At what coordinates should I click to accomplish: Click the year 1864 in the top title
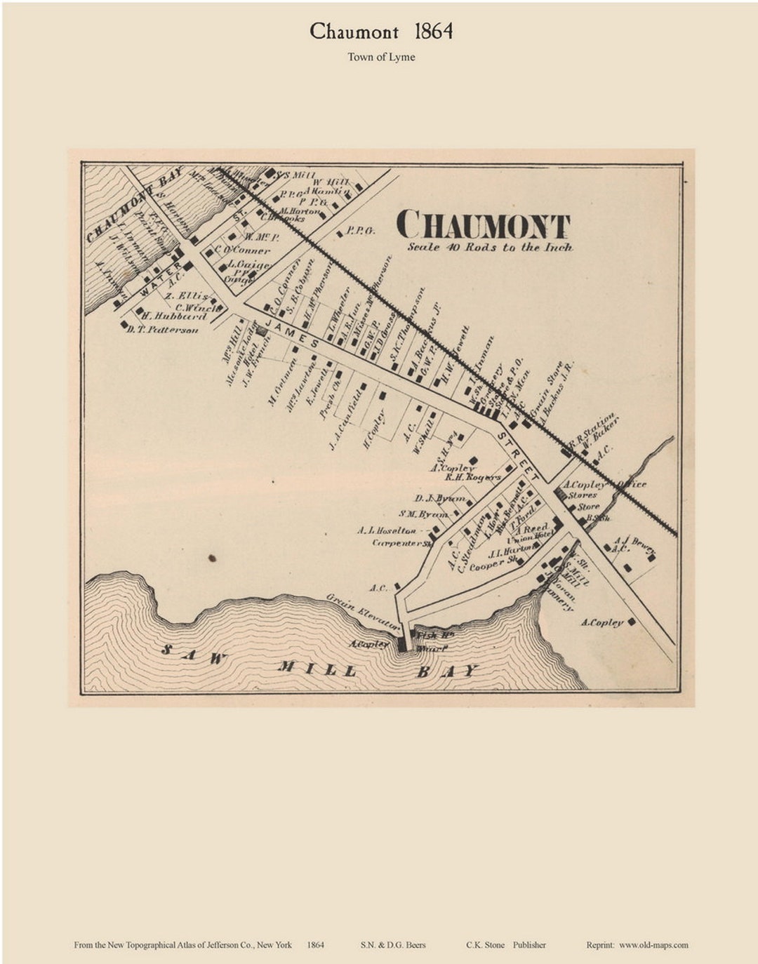(433, 32)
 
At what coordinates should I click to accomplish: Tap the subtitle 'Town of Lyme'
(381, 58)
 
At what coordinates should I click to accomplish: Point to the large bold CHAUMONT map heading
(483, 225)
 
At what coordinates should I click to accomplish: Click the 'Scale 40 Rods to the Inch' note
(490, 248)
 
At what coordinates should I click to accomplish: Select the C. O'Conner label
(242, 250)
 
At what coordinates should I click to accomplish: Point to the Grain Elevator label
(363, 610)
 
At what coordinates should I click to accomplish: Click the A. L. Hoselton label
(387, 531)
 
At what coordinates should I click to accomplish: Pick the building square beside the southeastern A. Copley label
(632, 622)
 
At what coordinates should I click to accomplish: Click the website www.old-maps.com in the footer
(653, 945)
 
